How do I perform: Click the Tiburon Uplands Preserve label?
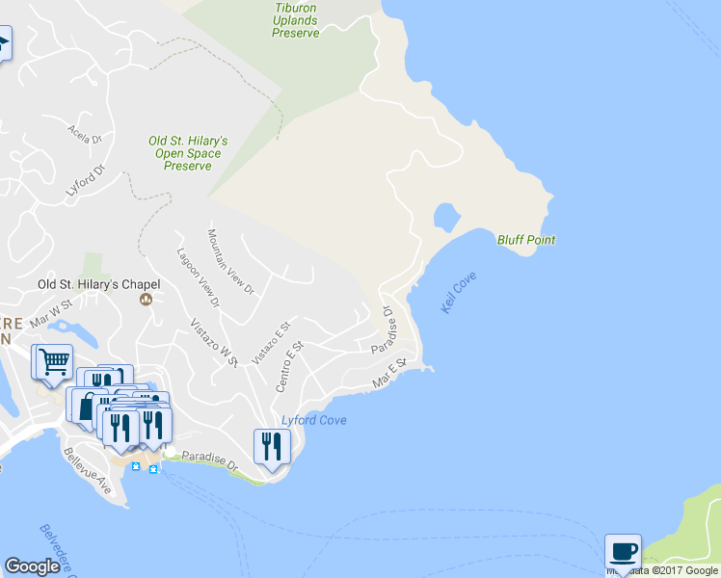click(x=296, y=20)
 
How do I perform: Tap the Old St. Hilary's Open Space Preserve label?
click(x=188, y=153)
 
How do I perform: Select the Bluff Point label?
click(x=526, y=240)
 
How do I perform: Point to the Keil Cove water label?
click(x=459, y=292)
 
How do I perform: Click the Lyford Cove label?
click(x=313, y=421)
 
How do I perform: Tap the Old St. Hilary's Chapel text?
click(x=98, y=284)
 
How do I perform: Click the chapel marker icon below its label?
click(x=147, y=300)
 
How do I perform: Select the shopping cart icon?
click(x=54, y=361)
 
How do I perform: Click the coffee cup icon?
click(x=623, y=551)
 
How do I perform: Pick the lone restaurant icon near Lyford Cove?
click(x=271, y=446)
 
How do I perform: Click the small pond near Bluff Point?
click(x=445, y=216)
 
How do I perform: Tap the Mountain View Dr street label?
click(x=230, y=261)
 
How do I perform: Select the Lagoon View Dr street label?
click(x=199, y=277)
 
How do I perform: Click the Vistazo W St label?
click(x=213, y=342)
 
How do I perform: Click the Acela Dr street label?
click(x=85, y=133)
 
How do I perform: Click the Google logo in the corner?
click(x=32, y=566)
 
